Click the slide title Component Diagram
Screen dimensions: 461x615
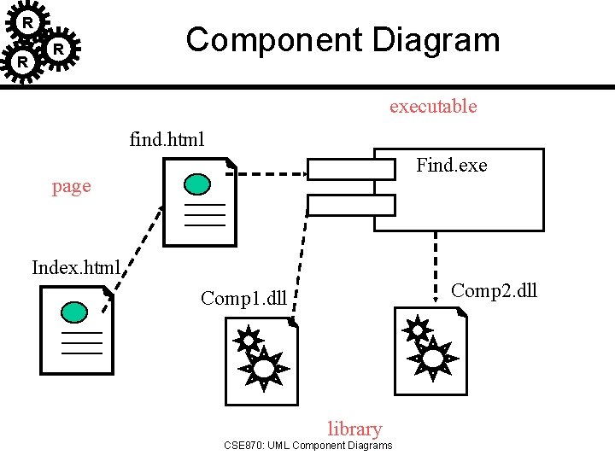click(x=343, y=40)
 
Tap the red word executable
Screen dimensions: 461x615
click(x=432, y=107)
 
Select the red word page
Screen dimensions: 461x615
click(x=71, y=187)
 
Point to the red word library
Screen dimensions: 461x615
click(x=354, y=429)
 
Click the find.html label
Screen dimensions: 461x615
click(x=167, y=139)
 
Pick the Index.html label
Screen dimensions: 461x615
click(x=76, y=267)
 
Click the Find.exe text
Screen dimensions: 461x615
click(x=451, y=166)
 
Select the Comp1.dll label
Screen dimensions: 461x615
click(x=243, y=298)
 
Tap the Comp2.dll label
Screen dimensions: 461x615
click(x=494, y=290)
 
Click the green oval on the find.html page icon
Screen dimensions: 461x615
click(x=198, y=184)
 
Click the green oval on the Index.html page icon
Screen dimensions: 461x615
click(x=76, y=312)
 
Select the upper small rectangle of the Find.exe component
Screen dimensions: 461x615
click(x=351, y=169)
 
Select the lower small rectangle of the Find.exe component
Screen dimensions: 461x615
click(x=351, y=205)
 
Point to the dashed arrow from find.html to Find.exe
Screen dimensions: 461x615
click(x=272, y=173)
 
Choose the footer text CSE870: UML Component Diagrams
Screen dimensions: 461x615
click(x=307, y=446)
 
